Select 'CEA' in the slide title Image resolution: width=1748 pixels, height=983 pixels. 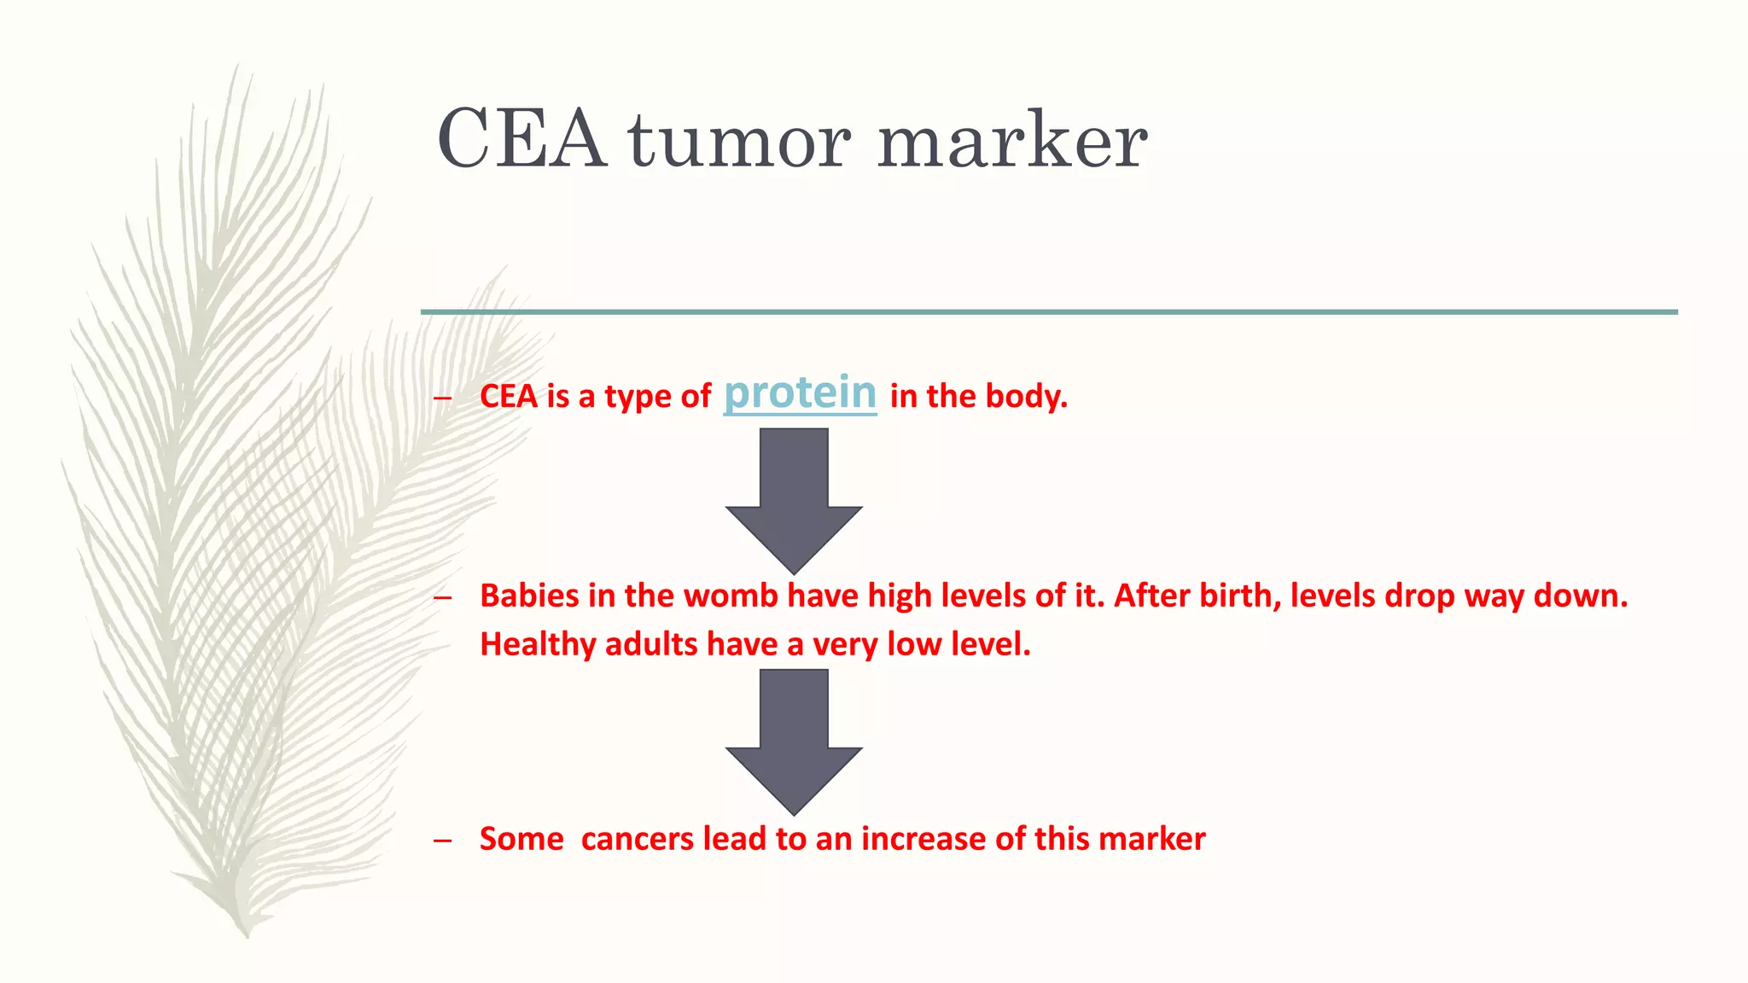pyautogui.click(x=521, y=141)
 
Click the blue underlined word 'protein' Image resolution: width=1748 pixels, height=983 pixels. pyautogui.click(x=800, y=393)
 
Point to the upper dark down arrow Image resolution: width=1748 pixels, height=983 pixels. pyautogui.click(x=794, y=499)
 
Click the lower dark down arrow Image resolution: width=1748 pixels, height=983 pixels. pyautogui.click(x=794, y=741)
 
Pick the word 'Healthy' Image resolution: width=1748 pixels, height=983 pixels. pyautogui.click(x=538, y=644)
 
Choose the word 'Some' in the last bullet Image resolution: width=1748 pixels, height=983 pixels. pyautogui.click(x=521, y=839)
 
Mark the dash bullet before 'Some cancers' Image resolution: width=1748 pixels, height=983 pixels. pyautogui.click(x=441, y=840)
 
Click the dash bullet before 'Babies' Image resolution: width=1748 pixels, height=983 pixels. pyautogui.click(x=441, y=597)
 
